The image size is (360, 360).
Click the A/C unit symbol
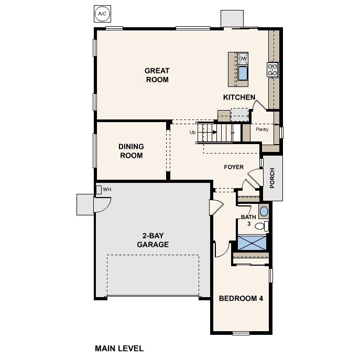pos(101,14)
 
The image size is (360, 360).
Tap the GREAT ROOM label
pos(157,75)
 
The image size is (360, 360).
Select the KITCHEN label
pos(239,97)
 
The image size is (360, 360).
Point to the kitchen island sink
pos(243,73)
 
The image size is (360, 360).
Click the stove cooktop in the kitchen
pos(272,70)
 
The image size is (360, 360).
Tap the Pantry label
pos(262,129)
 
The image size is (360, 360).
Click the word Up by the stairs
pos(192,132)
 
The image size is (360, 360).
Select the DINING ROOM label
pos(131,151)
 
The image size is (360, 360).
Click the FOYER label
pos(234,167)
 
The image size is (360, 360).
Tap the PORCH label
pos(272,178)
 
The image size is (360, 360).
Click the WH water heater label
pos(107,189)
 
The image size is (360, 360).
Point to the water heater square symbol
pos(99,189)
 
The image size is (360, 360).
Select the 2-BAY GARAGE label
pos(152,240)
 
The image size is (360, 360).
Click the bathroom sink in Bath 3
pos(264,211)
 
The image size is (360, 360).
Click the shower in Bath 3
pos(252,243)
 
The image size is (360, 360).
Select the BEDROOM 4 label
pos(241,298)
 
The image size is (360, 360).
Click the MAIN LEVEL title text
pos(119,348)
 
